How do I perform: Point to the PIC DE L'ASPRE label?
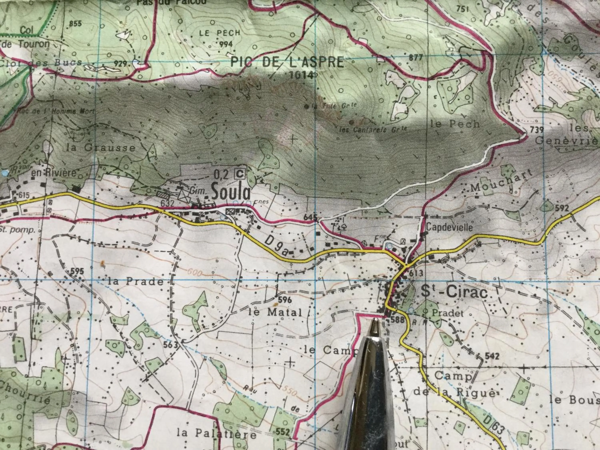pos(287,62)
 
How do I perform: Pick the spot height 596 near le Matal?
pos(284,300)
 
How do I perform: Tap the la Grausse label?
pos(101,148)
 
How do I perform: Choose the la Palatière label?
pos(216,435)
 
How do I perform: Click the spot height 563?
pos(170,345)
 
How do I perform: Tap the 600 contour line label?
pos(194,273)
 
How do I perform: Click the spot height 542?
pos(492,356)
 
